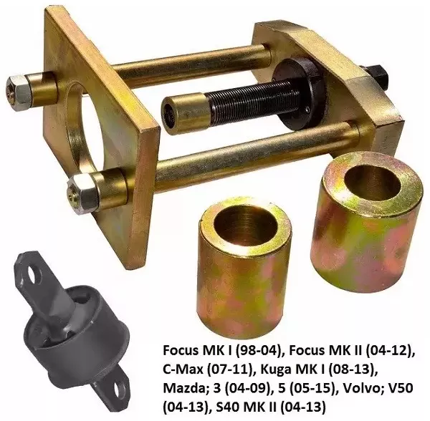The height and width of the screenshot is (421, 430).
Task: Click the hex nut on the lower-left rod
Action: point(81,190)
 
